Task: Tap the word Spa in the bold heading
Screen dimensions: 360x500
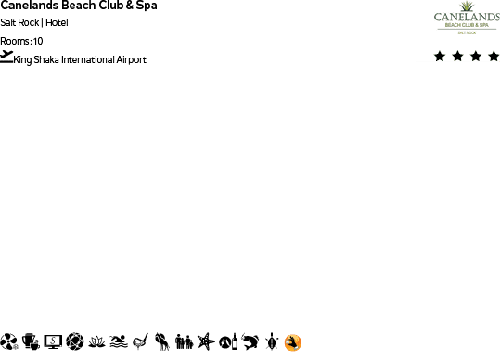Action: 145,6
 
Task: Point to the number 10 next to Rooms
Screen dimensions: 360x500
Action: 37,41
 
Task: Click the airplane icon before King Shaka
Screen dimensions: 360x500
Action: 7,57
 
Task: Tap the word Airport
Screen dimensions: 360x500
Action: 132,60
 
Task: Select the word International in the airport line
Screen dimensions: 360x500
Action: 89,60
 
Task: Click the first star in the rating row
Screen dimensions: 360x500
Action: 440,57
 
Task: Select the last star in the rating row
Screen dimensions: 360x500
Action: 493,57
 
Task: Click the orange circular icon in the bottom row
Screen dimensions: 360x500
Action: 293,342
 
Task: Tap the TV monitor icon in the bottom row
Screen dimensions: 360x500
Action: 53,342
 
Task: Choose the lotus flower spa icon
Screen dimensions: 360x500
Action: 96,342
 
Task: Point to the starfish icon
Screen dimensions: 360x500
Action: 205,342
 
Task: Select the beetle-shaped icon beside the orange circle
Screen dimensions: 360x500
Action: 272,342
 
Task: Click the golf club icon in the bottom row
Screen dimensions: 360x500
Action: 140,342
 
